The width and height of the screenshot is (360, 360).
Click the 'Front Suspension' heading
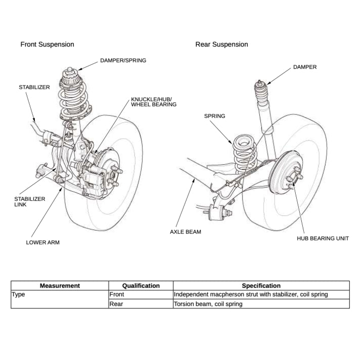pos(47,44)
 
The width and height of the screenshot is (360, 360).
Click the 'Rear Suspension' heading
pos(221,44)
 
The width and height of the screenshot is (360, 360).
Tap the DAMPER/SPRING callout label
pos(123,61)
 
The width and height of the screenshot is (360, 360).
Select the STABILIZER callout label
pos(34,87)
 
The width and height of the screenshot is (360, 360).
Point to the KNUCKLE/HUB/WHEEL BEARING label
pos(154,102)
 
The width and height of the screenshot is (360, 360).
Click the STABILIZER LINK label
pos(29,202)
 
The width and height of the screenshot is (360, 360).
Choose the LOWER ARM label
pos(42,243)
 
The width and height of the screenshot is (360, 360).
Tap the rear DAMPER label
pos(305,67)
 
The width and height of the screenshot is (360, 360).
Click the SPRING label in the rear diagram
pos(214,116)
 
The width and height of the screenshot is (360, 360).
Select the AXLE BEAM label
pos(186,232)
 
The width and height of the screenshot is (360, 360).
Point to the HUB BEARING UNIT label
pos(323,238)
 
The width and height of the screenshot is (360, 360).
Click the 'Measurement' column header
pos(60,286)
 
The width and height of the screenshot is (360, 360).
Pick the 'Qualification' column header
pos(141,286)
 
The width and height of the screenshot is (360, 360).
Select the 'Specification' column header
pos(261,286)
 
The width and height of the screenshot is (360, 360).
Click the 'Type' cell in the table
pos(19,294)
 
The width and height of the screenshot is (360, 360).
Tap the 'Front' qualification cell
pos(116,294)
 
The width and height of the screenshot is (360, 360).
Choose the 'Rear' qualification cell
pos(116,304)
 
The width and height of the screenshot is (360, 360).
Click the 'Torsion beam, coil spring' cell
pos(208,304)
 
